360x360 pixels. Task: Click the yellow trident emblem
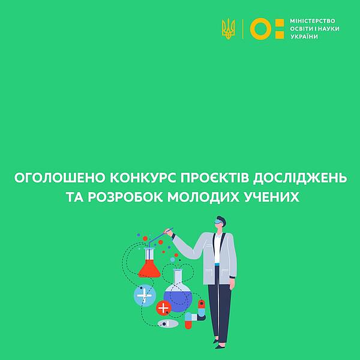pyautogui.click(x=228, y=29)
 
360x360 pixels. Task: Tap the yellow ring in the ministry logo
pyautogui.click(x=260, y=20)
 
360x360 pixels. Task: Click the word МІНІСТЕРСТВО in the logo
pyautogui.click(x=313, y=21)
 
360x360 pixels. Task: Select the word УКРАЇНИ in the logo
pyautogui.click(x=304, y=37)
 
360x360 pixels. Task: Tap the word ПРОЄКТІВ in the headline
pyautogui.click(x=214, y=178)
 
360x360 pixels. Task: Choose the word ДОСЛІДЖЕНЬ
pyautogui.click(x=300, y=178)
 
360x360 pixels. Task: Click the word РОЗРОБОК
pyautogui.click(x=125, y=197)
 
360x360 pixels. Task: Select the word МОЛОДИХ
pyautogui.click(x=203, y=197)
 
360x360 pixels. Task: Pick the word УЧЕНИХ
pyautogui.click(x=272, y=197)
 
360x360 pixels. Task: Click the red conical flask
pyautogui.click(x=149, y=263)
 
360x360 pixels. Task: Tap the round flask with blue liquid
pyautogui.click(x=178, y=291)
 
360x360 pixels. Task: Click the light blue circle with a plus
pyautogui.click(x=145, y=295)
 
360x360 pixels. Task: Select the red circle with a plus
pyautogui.click(x=163, y=308)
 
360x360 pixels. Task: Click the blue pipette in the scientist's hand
pyautogui.click(x=160, y=237)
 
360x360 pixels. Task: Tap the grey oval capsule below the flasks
pyautogui.click(x=168, y=324)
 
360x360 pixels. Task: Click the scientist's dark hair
pyautogui.click(x=222, y=220)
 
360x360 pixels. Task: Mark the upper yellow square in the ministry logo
pyautogui.click(x=280, y=23)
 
